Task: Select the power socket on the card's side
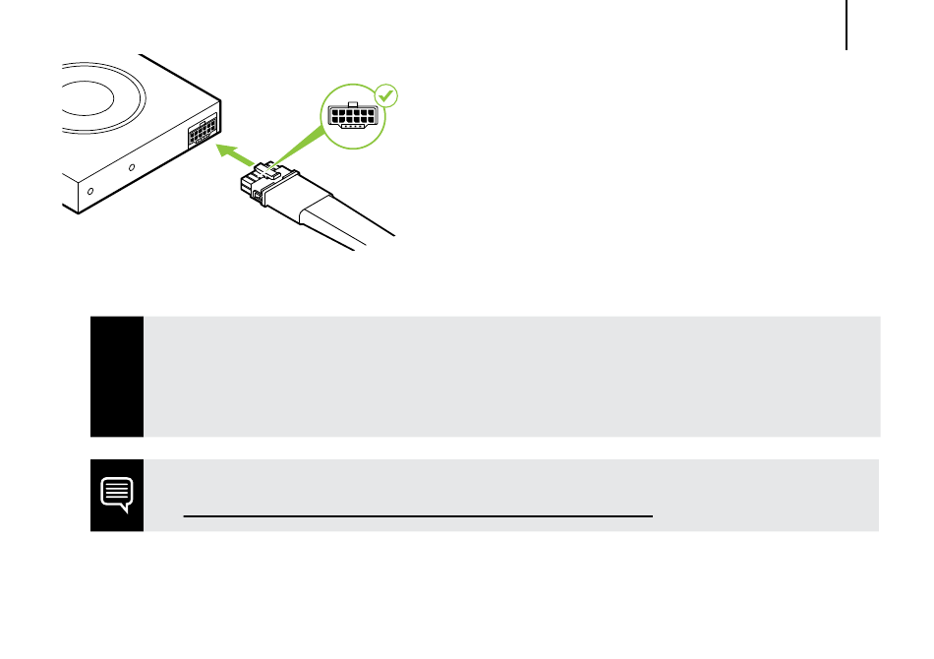pos(204,129)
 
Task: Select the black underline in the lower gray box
pos(418,514)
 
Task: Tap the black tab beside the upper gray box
pos(117,377)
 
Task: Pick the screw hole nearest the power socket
pos(132,169)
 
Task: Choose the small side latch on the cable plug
pos(258,197)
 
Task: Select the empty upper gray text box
pos(511,377)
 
